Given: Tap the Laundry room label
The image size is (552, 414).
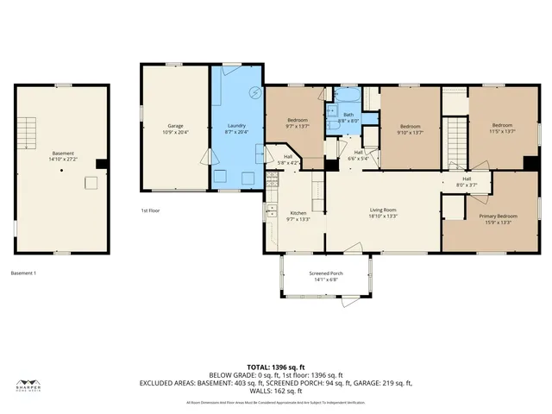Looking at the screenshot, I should click(236, 126).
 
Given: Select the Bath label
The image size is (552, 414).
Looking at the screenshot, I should click(348, 115).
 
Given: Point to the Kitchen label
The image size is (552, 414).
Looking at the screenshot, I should click(298, 213).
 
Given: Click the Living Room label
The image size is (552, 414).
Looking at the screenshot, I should click(383, 210).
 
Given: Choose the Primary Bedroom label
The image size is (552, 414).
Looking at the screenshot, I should click(498, 216).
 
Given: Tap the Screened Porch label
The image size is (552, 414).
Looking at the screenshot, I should click(326, 273).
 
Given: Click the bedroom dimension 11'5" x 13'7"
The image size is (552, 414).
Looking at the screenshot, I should click(502, 131).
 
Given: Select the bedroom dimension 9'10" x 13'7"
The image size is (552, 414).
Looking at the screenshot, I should click(410, 131).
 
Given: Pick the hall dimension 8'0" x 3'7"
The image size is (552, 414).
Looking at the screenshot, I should click(467, 184).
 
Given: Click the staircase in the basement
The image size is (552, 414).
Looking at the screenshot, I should click(29, 134).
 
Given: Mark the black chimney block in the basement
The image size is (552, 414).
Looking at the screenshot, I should click(101, 164).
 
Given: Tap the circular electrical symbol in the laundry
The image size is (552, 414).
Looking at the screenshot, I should click(254, 92).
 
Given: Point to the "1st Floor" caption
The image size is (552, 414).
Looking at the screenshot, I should click(151, 210).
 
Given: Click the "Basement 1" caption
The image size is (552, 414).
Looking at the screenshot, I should click(23, 273).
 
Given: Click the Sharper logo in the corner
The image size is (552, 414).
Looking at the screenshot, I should click(29, 387).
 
